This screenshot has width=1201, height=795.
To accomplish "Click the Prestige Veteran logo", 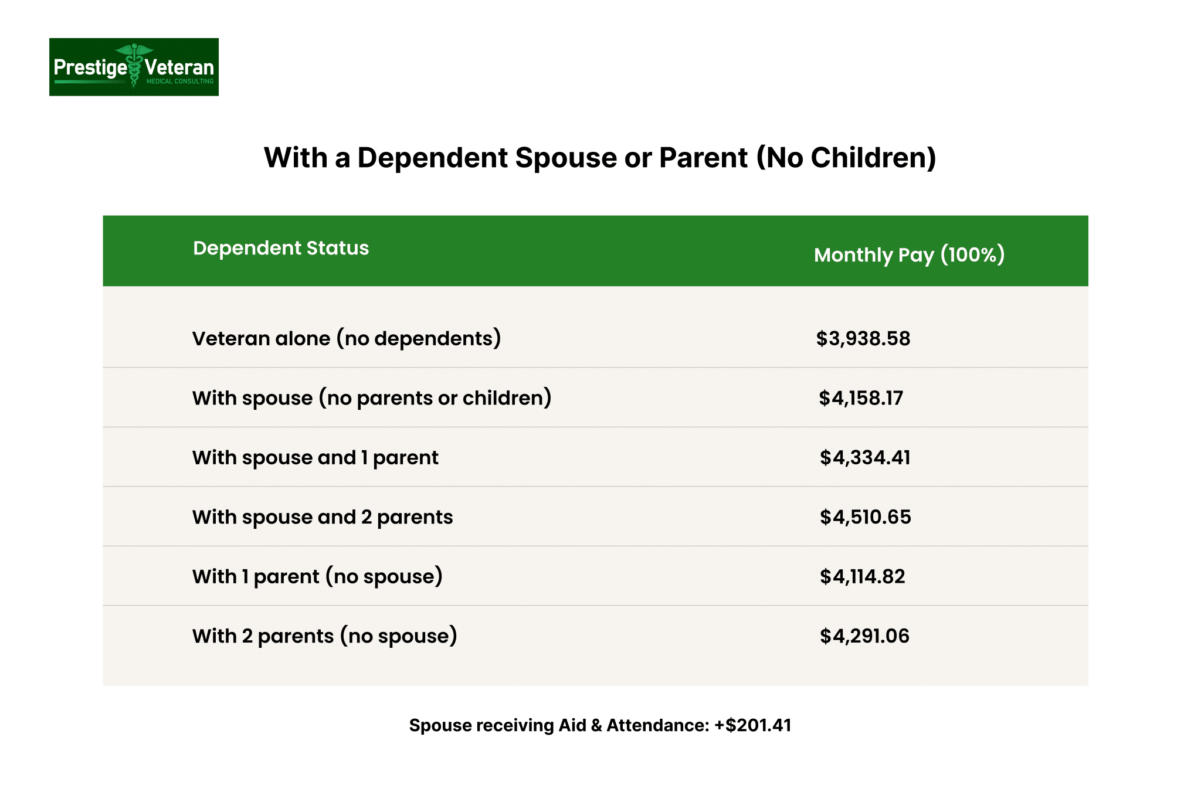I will pyautogui.click(x=134, y=67).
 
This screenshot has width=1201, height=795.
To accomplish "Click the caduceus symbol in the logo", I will pyautogui.click(x=135, y=64).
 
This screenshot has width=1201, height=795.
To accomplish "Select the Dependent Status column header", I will pyautogui.click(x=281, y=248).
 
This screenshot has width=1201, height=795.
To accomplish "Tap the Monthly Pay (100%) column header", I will pyautogui.click(x=909, y=255).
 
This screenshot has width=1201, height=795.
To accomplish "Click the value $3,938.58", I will pyautogui.click(x=863, y=338).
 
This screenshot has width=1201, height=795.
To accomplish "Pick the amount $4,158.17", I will pyautogui.click(x=861, y=398).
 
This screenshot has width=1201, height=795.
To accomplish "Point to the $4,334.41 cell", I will pyautogui.click(x=865, y=457).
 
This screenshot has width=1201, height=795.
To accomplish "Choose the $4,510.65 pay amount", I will pyautogui.click(x=866, y=517).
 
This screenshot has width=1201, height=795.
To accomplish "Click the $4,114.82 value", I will pyautogui.click(x=863, y=576).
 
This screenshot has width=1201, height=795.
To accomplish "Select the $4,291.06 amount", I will pyautogui.click(x=864, y=636).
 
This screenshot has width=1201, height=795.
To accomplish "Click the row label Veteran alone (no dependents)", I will pyautogui.click(x=347, y=338).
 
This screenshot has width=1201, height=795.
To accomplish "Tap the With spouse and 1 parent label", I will pyautogui.click(x=315, y=457).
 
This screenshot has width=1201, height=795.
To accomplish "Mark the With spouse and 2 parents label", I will pyautogui.click(x=323, y=517).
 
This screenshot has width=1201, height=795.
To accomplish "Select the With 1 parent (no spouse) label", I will pyautogui.click(x=317, y=576).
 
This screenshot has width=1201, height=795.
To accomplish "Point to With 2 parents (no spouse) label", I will pyautogui.click(x=324, y=636).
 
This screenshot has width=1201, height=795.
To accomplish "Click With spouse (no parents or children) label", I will pyautogui.click(x=372, y=398).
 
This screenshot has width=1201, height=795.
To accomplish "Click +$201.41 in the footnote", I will pyautogui.click(x=752, y=725).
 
